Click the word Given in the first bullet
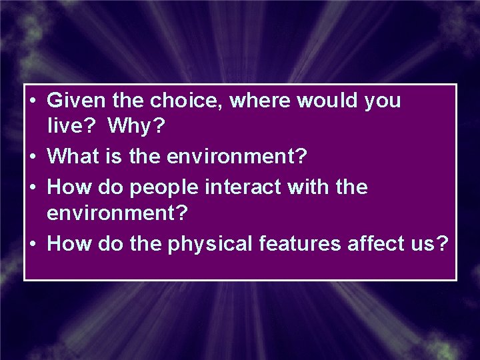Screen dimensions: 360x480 click(x=72, y=101)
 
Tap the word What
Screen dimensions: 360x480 click(x=74, y=157)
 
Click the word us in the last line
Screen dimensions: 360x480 click(x=425, y=245)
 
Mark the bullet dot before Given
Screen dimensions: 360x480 click(x=33, y=102)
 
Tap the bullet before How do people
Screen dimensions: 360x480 click(x=33, y=188)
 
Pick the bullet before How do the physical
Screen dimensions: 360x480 click(x=33, y=245)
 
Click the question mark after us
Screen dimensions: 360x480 click(x=442, y=244)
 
